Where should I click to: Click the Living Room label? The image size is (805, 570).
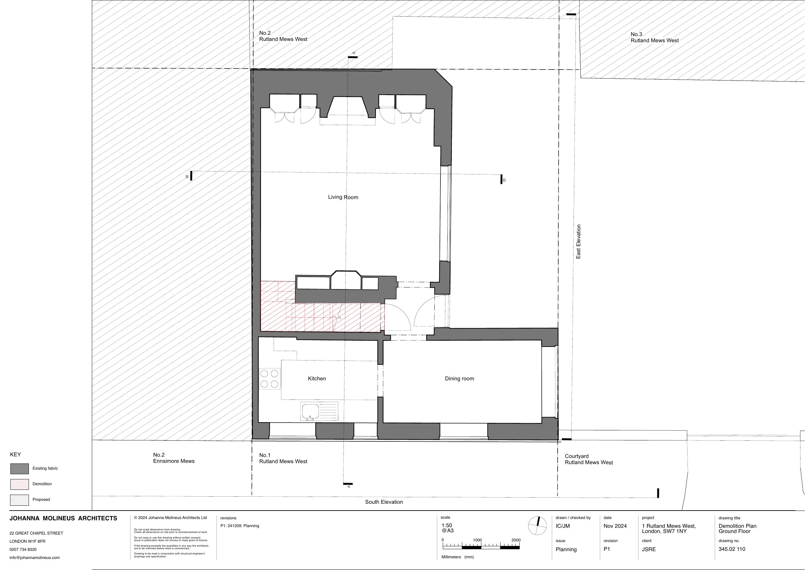pyautogui.click(x=343, y=197)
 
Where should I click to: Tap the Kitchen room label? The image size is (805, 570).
pyautogui.click(x=317, y=378)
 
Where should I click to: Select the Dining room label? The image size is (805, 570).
pyautogui.click(x=459, y=378)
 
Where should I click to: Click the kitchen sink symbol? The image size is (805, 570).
pyautogui.click(x=319, y=412)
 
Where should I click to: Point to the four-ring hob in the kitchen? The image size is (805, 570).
pyautogui.click(x=269, y=379)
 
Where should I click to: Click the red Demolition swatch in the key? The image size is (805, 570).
pyautogui.click(x=20, y=484)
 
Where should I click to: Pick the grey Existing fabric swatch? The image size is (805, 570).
pyautogui.click(x=20, y=469)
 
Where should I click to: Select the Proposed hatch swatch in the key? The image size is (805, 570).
pyautogui.click(x=20, y=500)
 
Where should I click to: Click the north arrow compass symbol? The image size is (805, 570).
pyautogui.click(x=537, y=526)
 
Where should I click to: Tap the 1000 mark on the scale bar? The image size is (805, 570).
pyautogui.click(x=477, y=540)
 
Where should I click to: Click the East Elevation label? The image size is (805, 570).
pyautogui.click(x=578, y=242)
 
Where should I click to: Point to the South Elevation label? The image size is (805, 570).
pyautogui.click(x=384, y=502)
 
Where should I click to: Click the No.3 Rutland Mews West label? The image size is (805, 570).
pyautogui.click(x=654, y=37)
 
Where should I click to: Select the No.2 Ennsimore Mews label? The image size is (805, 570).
pyautogui.click(x=174, y=458)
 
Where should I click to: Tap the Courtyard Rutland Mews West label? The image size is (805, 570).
pyautogui.click(x=588, y=460)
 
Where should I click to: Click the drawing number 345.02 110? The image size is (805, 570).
pyautogui.click(x=732, y=549)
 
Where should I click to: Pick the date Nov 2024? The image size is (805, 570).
pyautogui.click(x=615, y=526)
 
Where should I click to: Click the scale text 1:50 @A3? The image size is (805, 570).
pyautogui.click(x=447, y=528)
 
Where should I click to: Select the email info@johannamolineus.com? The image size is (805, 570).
pyautogui.click(x=34, y=557)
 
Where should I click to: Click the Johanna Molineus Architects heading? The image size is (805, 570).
pyautogui.click(x=63, y=518)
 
